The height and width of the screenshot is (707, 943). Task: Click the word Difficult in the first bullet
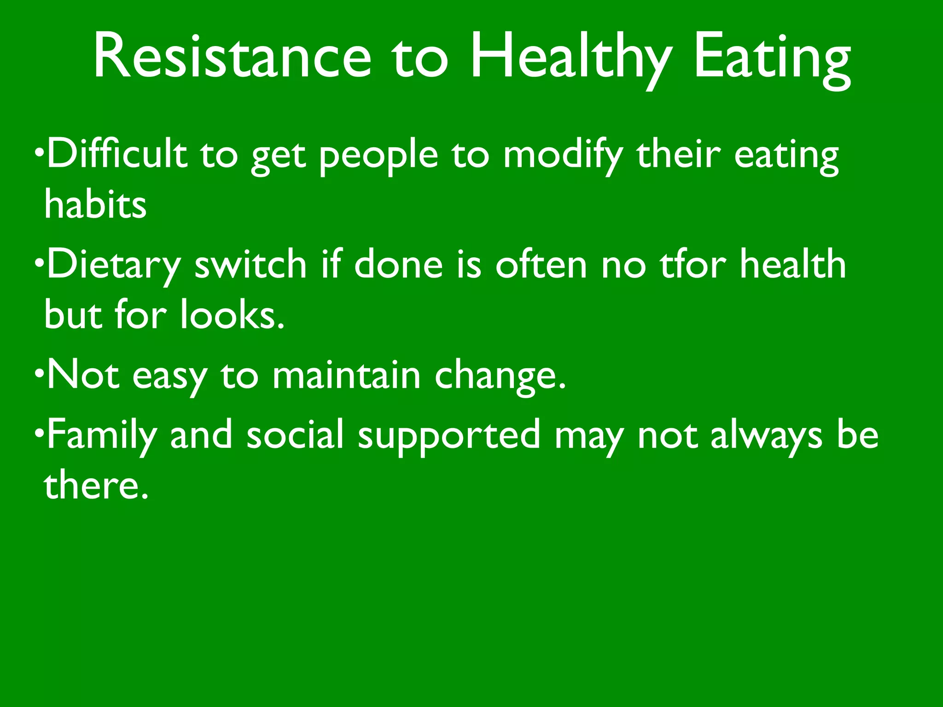(x=117, y=154)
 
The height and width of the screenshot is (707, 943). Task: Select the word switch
(x=250, y=264)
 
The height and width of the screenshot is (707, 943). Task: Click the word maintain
(x=346, y=375)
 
